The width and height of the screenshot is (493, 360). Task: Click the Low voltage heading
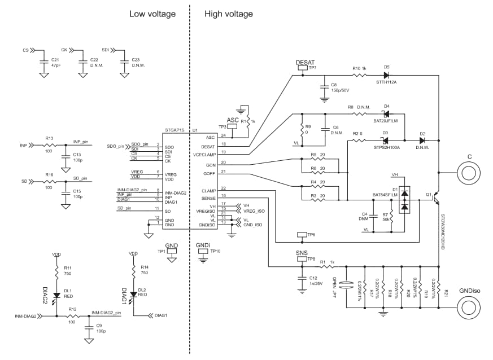point(152,14)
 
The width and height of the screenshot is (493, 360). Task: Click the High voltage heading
point(229,14)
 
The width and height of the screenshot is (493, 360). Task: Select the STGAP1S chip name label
point(174,130)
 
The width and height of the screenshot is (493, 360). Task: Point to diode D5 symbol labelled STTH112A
point(386,74)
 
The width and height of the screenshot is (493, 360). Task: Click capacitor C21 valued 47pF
point(43,60)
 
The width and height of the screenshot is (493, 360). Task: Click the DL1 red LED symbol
point(56,295)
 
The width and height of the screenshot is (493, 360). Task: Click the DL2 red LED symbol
point(133,294)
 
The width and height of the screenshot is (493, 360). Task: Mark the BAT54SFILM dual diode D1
point(404,201)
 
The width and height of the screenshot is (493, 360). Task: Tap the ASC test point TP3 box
point(232,127)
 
